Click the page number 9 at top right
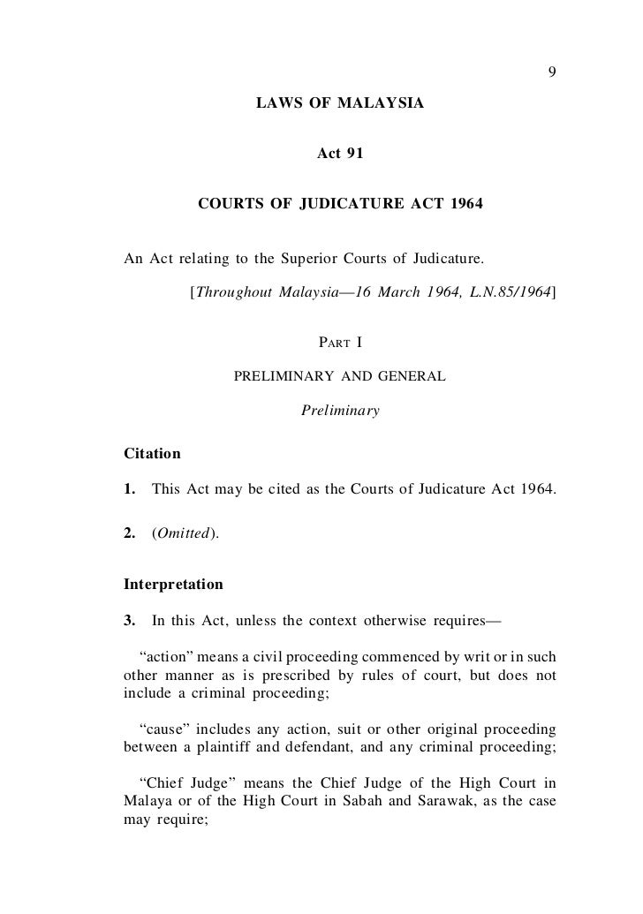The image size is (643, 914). pos(552,72)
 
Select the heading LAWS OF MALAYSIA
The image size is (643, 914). pos(339,105)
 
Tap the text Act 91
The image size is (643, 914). pos(340,155)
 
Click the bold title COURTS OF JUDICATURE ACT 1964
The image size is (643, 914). pos(340,204)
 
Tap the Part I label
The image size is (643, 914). pos(340,342)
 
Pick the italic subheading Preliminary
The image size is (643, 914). pos(340,411)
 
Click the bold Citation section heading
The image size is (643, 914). pos(152,454)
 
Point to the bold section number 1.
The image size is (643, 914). pos(131,487)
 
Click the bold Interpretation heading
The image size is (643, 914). pos(174,585)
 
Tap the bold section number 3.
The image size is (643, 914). pos(130,618)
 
